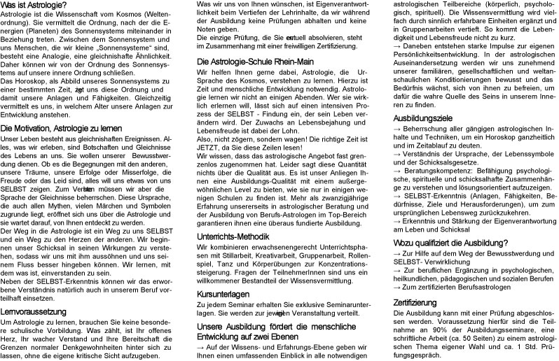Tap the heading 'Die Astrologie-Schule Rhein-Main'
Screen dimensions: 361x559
pyautogui.click(x=254, y=62)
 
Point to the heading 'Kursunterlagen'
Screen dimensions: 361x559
pyautogui.click(x=223, y=294)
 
